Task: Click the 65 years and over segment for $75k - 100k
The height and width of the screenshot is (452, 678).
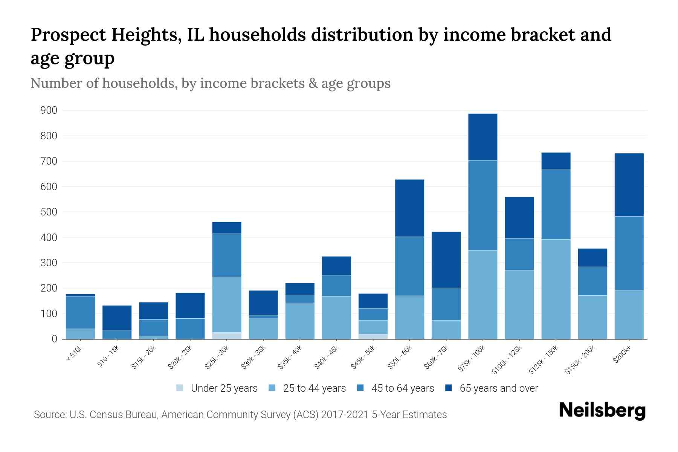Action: coord(483,137)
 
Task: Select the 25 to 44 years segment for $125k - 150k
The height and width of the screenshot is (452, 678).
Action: coord(556,289)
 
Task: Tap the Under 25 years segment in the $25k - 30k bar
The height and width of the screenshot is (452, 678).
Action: coord(227,336)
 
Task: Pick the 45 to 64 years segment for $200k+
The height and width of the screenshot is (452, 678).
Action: coord(629,253)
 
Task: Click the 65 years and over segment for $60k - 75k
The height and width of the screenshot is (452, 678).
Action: coord(446,260)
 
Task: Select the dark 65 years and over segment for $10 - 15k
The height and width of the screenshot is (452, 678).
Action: coord(117,318)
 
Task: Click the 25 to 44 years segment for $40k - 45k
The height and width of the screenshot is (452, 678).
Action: coord(336,318)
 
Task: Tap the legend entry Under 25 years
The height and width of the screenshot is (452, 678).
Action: coord(224,388)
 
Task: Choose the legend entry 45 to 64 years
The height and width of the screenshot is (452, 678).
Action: coord(402,388)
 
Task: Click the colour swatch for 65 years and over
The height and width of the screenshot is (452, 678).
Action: coord(449,388)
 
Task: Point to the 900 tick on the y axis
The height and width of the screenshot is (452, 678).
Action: coord(49,110)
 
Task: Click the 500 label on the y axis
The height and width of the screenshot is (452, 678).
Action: coord(49,212)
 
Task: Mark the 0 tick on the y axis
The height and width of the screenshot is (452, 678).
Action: coord(54,339)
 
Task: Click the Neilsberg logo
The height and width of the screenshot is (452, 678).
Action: coord(602,411)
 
